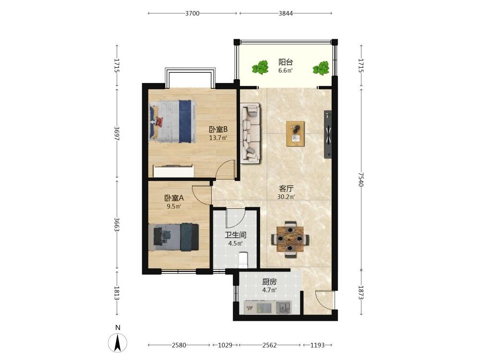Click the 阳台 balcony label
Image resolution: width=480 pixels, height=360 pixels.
pyautogui.click(x=285, y=62)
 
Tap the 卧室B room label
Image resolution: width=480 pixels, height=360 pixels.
pyautogui.click(x=218, y=130)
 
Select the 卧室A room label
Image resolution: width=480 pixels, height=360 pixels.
pyautogui.click(x=174, y=198)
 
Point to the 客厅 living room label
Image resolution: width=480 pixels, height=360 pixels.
pyautogui.click(x=286, y=189)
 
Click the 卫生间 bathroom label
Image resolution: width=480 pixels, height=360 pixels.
pyautogui.click(x=235, y=235)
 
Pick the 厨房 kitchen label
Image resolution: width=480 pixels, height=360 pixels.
pyautogui.click(x=269, y=282)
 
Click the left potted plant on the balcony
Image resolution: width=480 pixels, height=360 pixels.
pyautogui.click(x=260, y=67)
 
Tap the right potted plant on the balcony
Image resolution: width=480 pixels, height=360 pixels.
pyautogui.click(x=321, y=68)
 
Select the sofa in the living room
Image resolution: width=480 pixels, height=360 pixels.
pyautogui.click(x=251, y=133)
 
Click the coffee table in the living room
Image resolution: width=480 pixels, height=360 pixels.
pyautogui.click(x=295, y=133)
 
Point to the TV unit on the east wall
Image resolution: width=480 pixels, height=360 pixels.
pyautogui.click(x=328, y=134)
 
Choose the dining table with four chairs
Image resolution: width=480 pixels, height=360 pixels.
pyautogui.click(x=290, y=240)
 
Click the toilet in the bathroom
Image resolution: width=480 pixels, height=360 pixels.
pyautogui.click(x=243, y=260)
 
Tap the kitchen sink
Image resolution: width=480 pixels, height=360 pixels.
pyautogui.click(x=284, y=307)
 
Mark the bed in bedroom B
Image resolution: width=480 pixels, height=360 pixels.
pyautogui.click(x=173, y=121)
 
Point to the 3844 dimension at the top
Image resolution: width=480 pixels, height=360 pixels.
pyautogui.click(x=286, y=13)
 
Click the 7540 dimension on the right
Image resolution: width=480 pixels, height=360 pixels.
pyautogui.click(x=361, y=180)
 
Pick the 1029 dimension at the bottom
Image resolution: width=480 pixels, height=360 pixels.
pyautogui.click(x=225, y=345)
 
